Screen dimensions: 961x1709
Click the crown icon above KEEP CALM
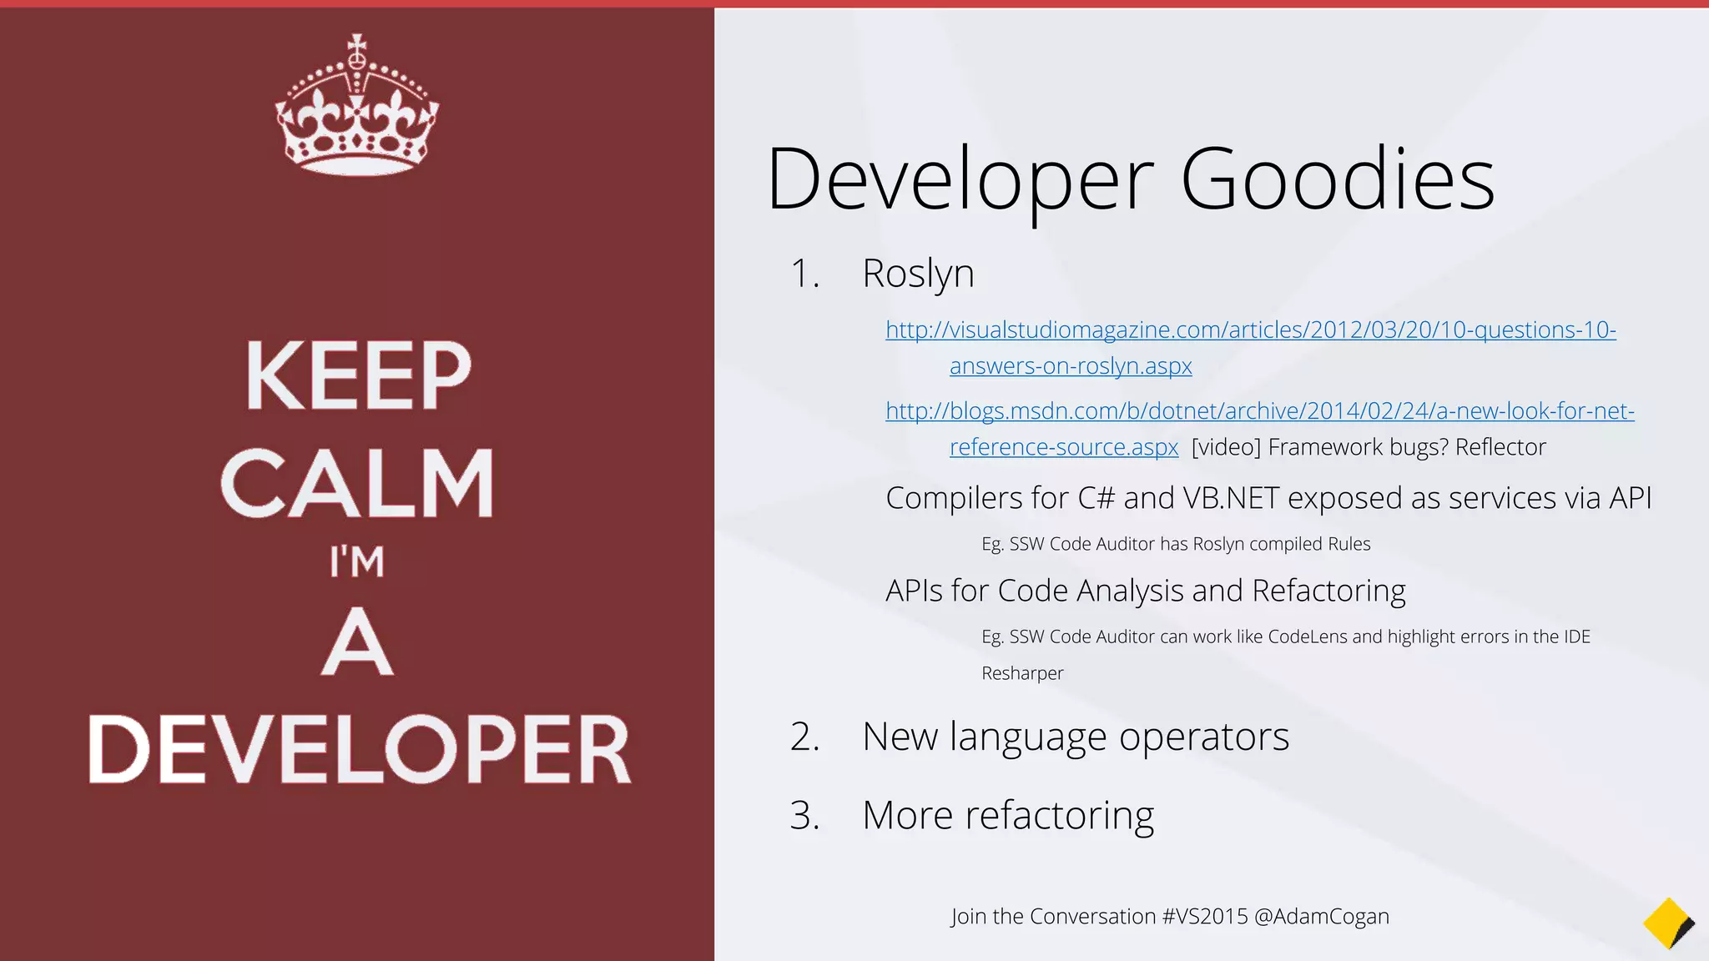click(357, 106)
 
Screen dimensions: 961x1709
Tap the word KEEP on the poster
click(359, 376)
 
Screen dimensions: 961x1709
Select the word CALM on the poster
click(358, 484)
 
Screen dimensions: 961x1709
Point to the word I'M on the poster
click(357, 561)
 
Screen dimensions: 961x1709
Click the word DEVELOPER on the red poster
click(360, 749)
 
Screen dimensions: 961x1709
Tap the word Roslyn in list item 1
click(918, 274)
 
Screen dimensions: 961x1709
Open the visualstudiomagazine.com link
click(1250, 330)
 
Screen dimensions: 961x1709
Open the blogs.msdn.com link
click(1259, 411)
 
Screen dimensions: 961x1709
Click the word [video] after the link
click(1226, 448)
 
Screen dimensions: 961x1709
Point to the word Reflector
click(1500, 448)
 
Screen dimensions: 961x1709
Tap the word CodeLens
click(1307, 637)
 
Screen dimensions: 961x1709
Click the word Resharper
click(1022, 673)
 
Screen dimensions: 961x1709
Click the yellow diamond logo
click(1667, 923)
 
